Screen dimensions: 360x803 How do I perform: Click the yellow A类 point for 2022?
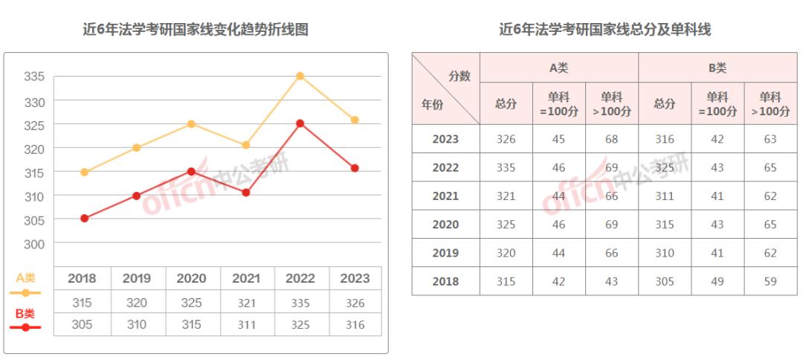[x=300, y=76]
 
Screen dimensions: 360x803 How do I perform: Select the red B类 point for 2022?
[x=300, y=123]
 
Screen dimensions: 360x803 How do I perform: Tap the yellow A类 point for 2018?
[x=84, y=172]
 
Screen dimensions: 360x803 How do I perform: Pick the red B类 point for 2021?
[x=246, y=193]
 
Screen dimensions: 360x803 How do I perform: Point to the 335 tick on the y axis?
[x=34, y=77]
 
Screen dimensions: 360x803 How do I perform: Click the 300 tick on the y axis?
[x=34, y=244]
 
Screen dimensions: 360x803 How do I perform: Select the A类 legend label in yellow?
[x=25, y=278]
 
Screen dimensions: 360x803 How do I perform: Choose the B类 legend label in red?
[x=25, y=313]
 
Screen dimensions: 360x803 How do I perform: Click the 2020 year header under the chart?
[x=191, y=279]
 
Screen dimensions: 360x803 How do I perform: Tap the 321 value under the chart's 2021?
[x=246, y=303]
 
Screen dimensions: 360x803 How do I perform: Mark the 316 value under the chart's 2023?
[x=355, y=324]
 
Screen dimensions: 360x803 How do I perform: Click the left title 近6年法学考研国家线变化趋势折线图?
[x=196, y=30]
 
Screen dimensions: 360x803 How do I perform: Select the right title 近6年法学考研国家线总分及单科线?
[x=605, y=30]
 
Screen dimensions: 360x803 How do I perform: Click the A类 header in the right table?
[x=558, y=68]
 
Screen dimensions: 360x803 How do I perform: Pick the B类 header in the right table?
[x=717, y=68]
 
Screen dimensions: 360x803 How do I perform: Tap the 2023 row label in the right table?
[x=445, y=139]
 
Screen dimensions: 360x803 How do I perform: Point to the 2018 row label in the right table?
[x=445, y=281]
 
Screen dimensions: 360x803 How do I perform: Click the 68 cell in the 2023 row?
[x=611, y=139]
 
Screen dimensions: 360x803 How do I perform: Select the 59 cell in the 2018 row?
[x=770, y=281]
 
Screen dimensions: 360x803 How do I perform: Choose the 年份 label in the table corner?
[x=433, y=105]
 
